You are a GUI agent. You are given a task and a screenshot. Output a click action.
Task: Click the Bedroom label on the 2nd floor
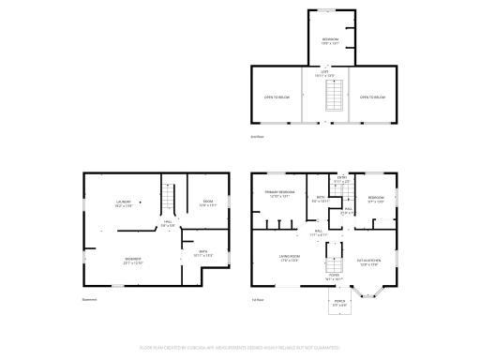coord(330,40)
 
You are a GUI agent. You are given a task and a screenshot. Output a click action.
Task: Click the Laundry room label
coord(123,203)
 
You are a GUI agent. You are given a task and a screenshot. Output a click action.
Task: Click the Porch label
coord(339,303)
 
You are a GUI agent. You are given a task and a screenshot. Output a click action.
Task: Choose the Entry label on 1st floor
coord(342,179)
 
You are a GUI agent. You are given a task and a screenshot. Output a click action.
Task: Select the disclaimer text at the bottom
coord(240,347)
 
